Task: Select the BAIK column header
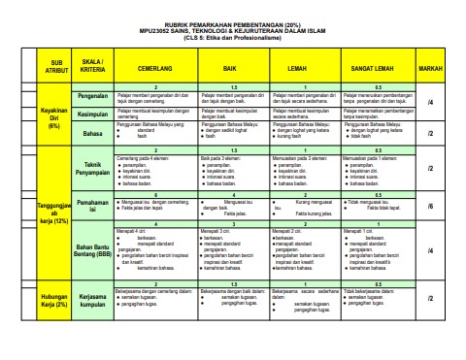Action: coord(230,70)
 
